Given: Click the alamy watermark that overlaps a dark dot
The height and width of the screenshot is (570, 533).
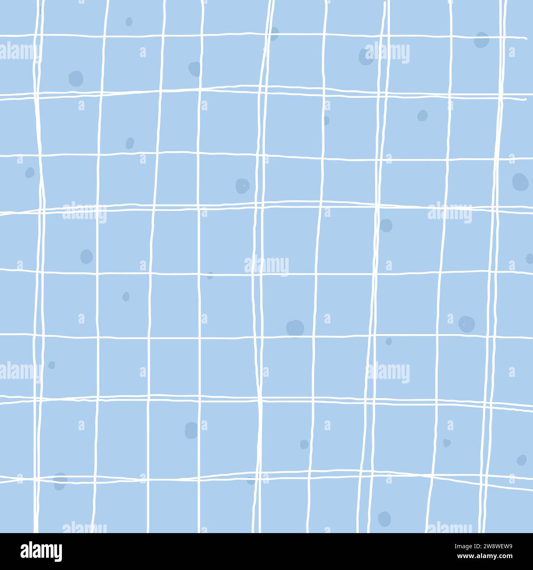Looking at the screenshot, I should click(x=387, y=53).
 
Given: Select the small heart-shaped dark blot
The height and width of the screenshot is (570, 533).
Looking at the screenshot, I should click(x=446, y=443).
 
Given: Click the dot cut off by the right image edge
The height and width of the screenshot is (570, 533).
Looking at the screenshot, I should click(x=529, y=258).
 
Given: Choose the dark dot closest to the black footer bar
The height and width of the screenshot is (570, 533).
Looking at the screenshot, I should click(x=384, y=518).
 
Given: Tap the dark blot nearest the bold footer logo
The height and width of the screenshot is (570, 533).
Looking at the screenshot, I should click(x=60, y=481).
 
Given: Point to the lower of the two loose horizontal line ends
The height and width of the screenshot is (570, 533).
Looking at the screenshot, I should click(x=525, y=99).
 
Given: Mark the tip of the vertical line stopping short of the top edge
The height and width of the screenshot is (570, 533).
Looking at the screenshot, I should click(x=385, y=2).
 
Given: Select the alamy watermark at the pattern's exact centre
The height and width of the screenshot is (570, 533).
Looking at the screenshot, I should click(x=266, y=266).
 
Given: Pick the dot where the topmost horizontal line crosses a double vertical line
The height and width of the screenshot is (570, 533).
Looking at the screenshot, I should click(x=273, y=34).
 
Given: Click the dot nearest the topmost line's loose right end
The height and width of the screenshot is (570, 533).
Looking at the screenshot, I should click(x=481, y=40).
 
